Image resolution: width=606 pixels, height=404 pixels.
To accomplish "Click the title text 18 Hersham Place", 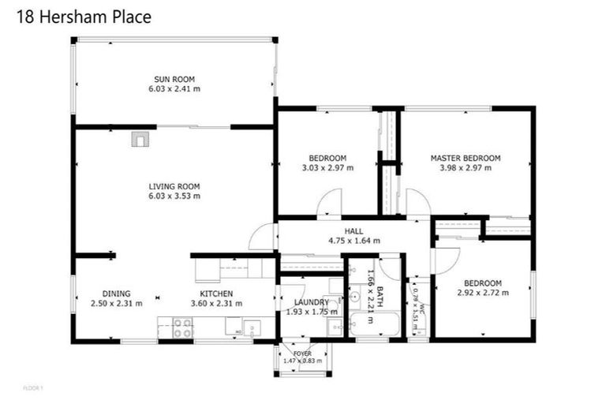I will pyautogui.click(x=83, y=16).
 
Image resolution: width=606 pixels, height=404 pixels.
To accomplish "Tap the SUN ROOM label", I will pyautogui.click(x=174, y=79).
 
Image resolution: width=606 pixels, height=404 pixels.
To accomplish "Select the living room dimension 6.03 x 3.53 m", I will pyautogui.click(x=174, y=196).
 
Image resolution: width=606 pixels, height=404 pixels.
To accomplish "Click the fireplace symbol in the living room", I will pyautogui.click(x=140, y=140).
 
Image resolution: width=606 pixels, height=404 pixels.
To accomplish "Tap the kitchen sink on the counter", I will pyautogui.click(x=252, y=327).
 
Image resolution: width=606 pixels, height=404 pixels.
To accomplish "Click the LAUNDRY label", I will pyautogui.click(x=311, y=301).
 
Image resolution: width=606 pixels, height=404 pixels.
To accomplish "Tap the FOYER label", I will pyautogui.click(x=302, y=353).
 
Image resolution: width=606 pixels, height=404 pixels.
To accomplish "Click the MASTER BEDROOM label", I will pyautogui.click(x=465, y=158).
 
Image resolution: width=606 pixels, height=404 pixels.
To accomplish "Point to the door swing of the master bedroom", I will pyautogui.click(x=418, y=202).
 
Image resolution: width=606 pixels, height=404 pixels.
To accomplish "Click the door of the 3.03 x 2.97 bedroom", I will pyautogui.click(x=329, y=204).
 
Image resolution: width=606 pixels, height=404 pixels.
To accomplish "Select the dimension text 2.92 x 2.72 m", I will pyautogui.click(x=482, y=293).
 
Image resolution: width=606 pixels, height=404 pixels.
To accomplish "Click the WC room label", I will pyautogui.click(x=423, y=309).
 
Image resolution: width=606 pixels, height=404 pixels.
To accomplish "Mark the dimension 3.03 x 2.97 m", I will pyautogui.click(x=327, y=167).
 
